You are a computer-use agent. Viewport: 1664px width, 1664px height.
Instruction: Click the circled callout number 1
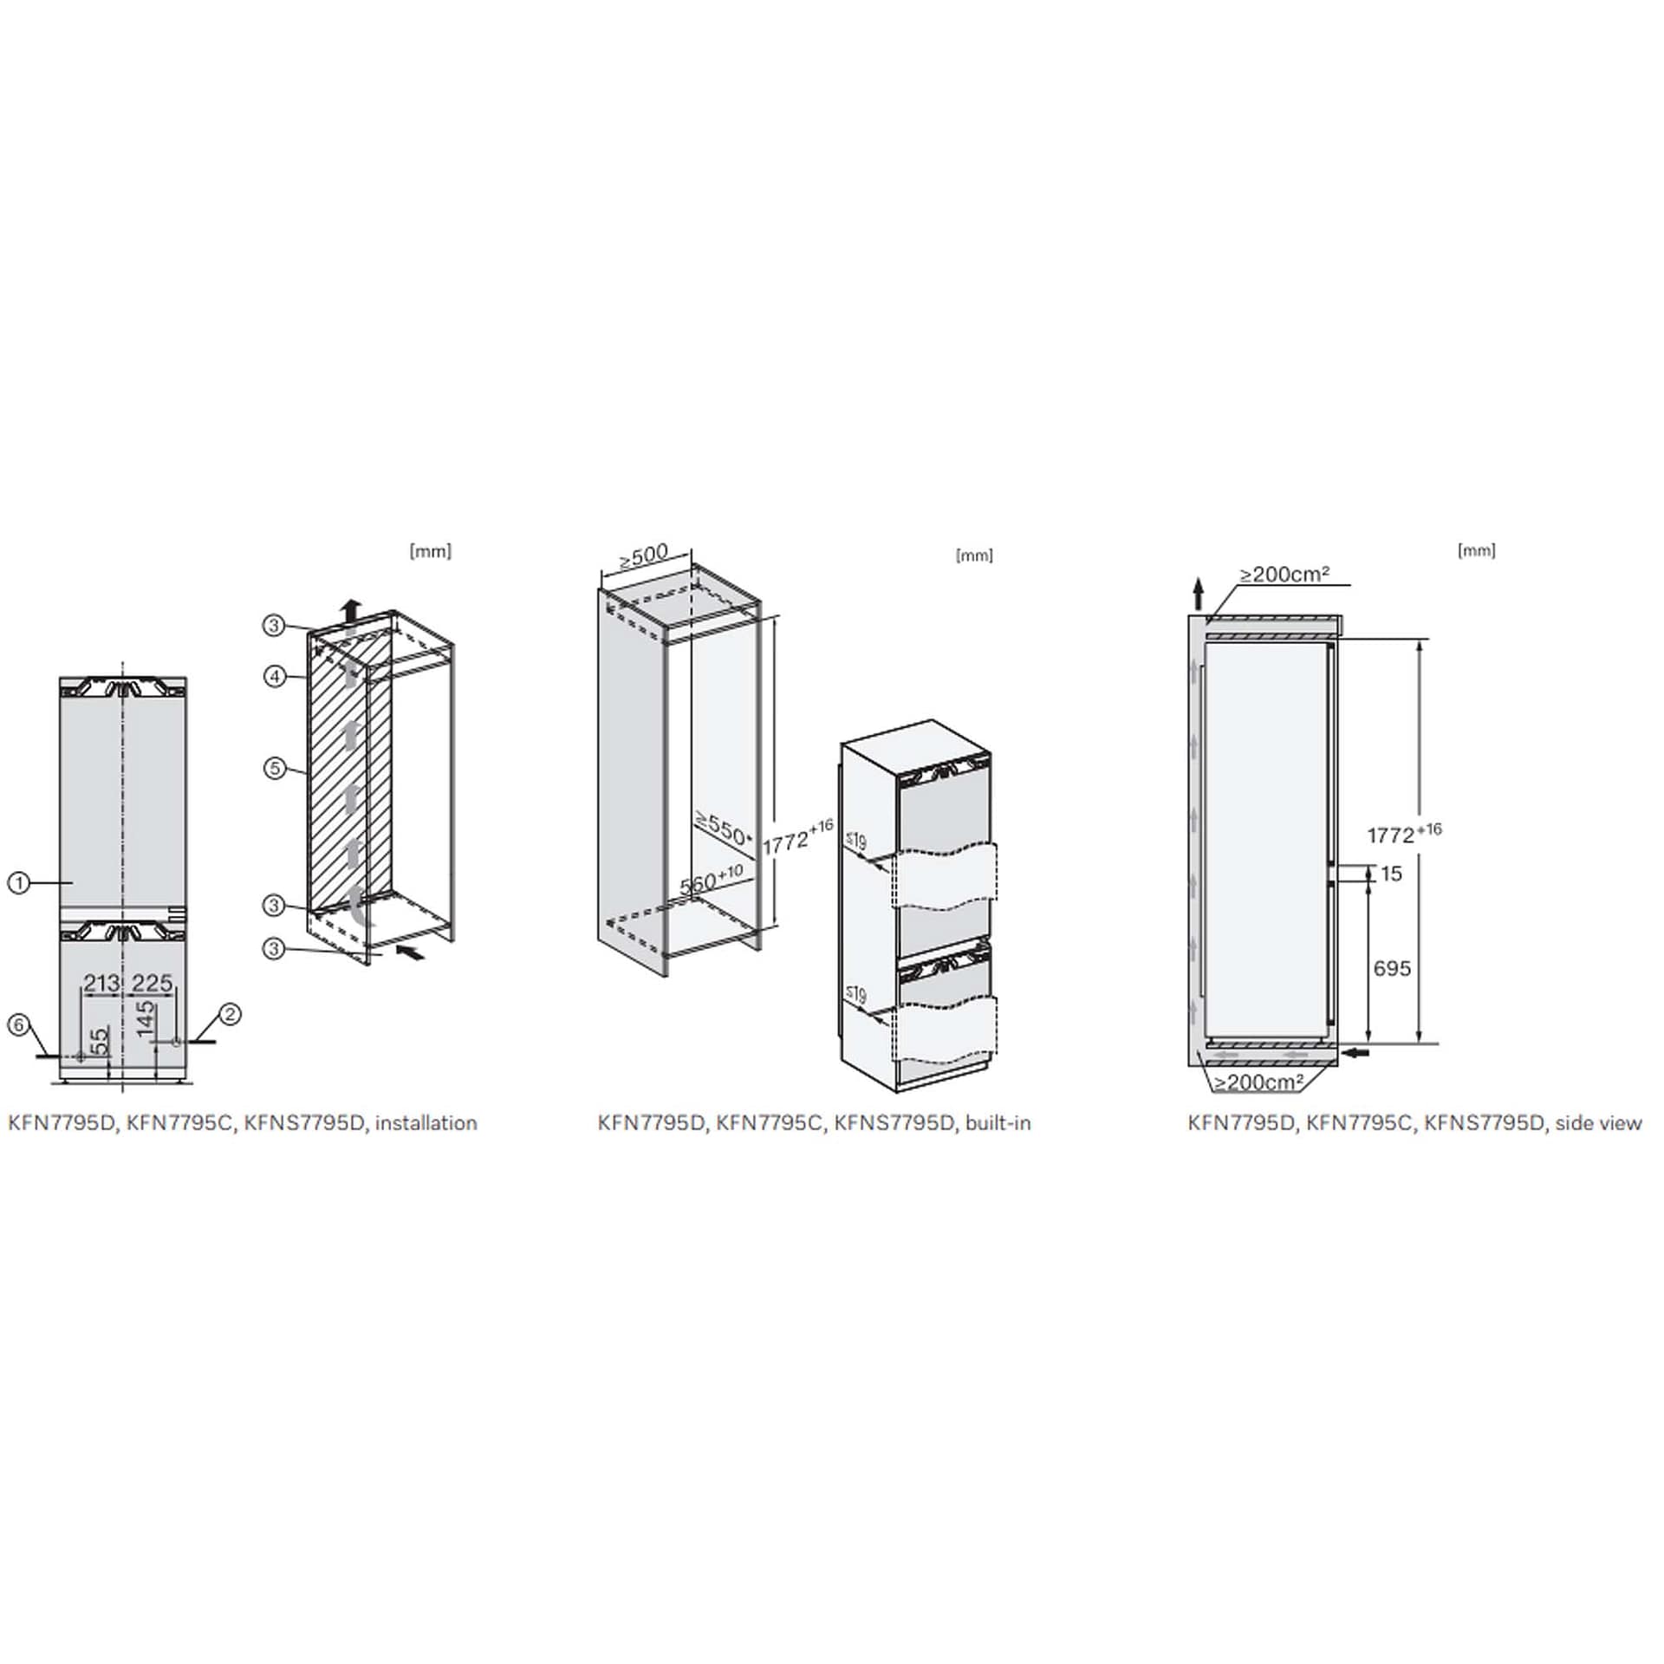coord(18,883)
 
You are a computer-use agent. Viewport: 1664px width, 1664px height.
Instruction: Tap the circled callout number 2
coord(230,1013)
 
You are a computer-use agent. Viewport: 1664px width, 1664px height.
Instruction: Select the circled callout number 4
coord(275,676)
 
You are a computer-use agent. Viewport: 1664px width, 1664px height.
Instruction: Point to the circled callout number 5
coord(275,768)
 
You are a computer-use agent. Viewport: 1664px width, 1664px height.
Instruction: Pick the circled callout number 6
coord(18,1025)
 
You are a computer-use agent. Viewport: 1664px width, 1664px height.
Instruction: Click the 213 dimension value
coord(101,983)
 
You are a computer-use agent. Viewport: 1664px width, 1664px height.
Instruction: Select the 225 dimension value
coord(153,983)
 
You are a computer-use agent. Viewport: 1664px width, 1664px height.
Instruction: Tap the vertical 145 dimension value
coord(145,1018)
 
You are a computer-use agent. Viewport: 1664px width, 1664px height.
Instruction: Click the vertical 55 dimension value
coord(100,1039)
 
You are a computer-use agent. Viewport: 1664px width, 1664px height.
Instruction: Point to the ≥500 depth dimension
coord(644,556)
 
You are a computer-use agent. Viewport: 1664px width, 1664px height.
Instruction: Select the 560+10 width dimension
coord(712,881)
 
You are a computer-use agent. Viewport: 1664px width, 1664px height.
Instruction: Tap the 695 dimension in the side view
coord(1392,968)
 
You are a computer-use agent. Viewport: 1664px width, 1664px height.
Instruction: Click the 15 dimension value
coord(1391,874)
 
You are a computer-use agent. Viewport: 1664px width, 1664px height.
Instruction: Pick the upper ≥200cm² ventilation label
coord(1284,574)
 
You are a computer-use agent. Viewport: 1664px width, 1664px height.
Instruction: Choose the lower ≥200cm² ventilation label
coord(1258,1082)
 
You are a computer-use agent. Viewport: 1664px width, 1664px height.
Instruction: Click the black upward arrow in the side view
coord(1198,595)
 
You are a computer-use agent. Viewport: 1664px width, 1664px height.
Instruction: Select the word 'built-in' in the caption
coord(998,1123)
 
